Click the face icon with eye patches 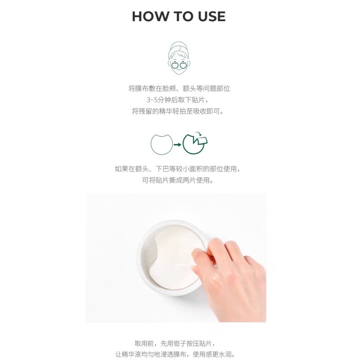[179, 58]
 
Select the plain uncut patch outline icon [162, 144]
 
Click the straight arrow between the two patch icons [177, 144]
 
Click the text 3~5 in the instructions [152, 100]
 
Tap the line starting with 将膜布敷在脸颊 [179, 89]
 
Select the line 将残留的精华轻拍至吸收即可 [178, 111]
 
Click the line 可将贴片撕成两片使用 [178, 180]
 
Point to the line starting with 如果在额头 [178, 169]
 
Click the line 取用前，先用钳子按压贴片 [175, 343]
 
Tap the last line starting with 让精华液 [175, 354]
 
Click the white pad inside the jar [175, 255]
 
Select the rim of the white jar [142, 257]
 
